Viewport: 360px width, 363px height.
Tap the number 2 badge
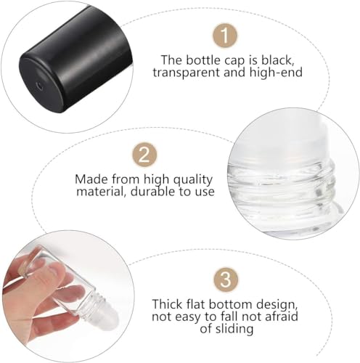145,154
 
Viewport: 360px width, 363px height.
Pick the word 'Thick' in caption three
166,305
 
